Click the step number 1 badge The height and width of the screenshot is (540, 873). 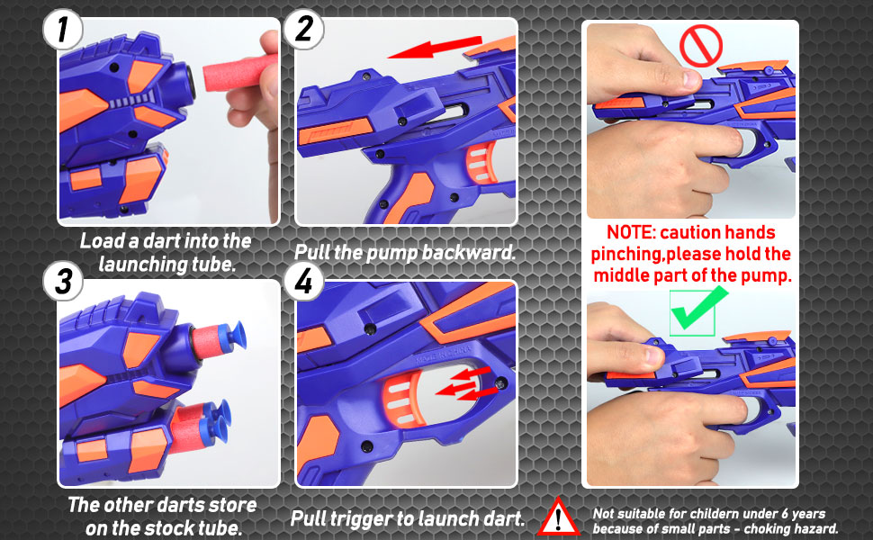[63, 30]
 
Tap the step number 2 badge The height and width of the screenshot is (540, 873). [303, 29]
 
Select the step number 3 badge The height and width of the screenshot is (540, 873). [64, 281]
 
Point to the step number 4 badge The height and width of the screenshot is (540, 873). [303, 281]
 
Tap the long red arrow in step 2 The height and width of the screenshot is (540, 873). [435, 48]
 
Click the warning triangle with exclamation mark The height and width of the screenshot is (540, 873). [558, 517]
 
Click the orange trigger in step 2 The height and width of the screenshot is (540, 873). [481, 163]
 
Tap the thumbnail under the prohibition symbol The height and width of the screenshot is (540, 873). [691, 119]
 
